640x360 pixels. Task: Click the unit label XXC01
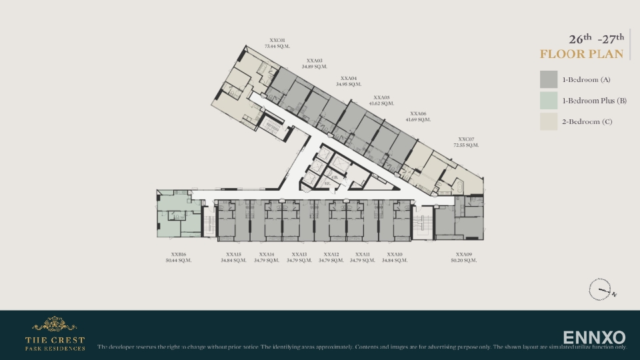click(x=277, y=40)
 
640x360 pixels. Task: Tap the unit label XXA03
click(x=314, y=60)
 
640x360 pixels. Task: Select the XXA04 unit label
click(x=349, y=78)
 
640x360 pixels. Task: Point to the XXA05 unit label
click(x=381, y=97)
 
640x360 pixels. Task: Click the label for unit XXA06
click(x=418, y=113)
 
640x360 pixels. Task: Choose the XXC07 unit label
click(x=466, y=139)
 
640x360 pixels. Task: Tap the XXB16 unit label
click(x=178, y=254)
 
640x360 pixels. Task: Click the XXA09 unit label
click(x=464, y=254)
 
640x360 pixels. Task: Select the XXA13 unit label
click(x=299, y=254)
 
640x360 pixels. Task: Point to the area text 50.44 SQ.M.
click(x=178, y=261)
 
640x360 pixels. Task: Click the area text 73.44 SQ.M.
click(x=277, y=47)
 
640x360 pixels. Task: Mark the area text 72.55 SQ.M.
click(x=466, y=145)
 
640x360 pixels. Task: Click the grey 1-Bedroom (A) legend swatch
click(x=549, y=79)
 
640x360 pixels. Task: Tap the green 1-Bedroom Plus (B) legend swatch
click(x=549, y=101)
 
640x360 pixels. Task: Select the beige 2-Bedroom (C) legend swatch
click(x=549, y=121)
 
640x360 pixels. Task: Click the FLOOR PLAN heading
click(x=581, y=54)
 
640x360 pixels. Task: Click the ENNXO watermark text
click(x=594, y=337)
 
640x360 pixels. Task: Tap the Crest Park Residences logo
click(x=55, y=334)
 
